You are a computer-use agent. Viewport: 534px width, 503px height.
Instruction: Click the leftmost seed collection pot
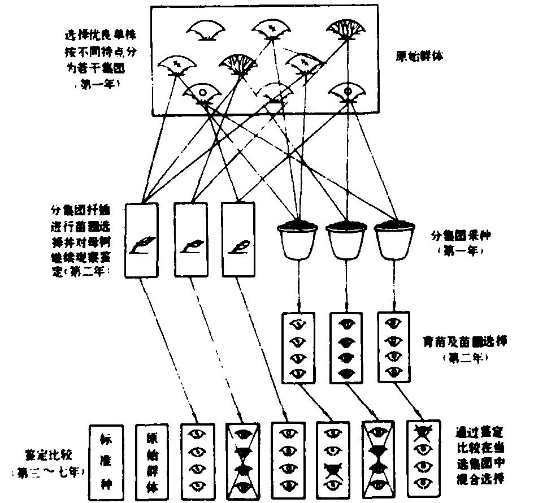click(297, 240)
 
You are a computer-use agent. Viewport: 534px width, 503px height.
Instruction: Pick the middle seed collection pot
click(346, 240)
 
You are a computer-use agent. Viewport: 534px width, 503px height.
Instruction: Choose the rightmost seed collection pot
click(394, 240)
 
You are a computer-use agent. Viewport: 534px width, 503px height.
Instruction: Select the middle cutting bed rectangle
click(190, 240)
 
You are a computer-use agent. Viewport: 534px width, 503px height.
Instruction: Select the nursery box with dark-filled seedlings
click(346, 349)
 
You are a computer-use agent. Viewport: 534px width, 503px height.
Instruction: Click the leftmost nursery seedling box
click(298, 349)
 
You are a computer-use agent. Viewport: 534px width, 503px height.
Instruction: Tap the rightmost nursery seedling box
click(393, 349)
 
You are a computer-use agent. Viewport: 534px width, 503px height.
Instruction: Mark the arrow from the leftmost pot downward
click(298, 286)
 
